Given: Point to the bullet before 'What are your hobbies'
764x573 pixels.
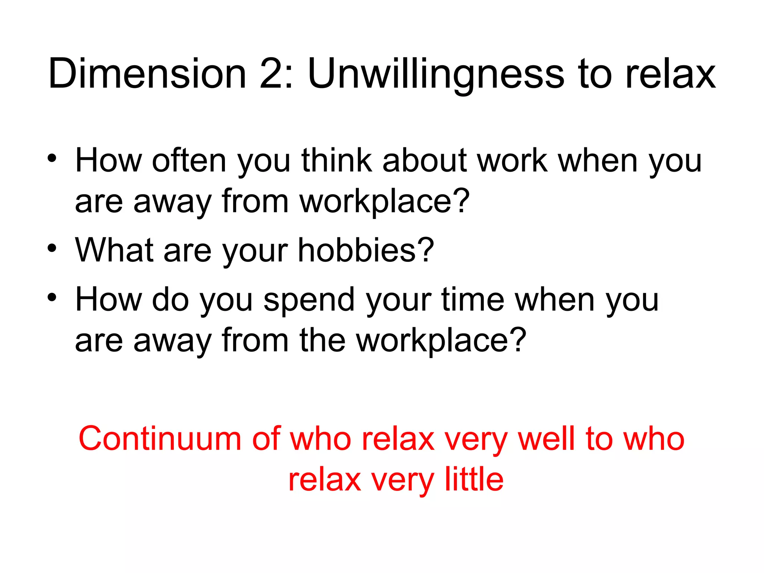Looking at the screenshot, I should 52,248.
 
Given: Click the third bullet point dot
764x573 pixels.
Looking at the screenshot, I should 52,297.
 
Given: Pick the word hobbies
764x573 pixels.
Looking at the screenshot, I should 357,250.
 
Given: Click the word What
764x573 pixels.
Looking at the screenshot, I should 114,250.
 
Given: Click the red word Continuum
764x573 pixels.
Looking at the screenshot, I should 160,439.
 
